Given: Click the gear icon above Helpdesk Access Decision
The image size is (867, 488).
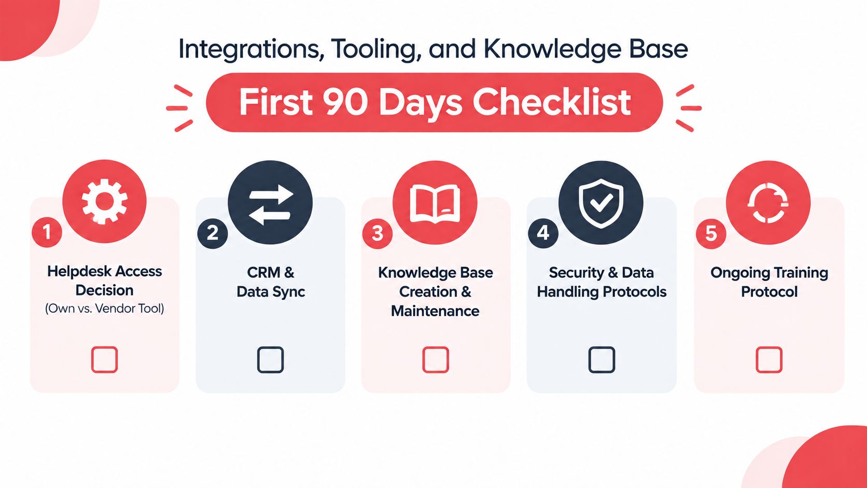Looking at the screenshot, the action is pos(105,201).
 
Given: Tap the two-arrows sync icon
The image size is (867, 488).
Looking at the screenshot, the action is pos(270,205).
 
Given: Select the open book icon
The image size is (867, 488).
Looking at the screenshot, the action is pos(435,204).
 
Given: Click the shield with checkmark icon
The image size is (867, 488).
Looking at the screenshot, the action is pos(600,203).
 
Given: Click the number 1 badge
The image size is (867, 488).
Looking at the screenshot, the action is pos(47,232).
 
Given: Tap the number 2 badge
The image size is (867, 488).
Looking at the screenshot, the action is pos(213,233).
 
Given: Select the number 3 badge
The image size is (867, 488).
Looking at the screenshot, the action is pos(377,233).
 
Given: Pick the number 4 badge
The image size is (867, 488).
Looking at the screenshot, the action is pos(543,233).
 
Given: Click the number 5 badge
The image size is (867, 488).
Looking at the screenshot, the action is pos(711,233).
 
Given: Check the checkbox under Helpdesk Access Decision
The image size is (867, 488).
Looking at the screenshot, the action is pos(105,359).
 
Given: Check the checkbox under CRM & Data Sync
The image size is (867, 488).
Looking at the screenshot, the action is pos(270,359).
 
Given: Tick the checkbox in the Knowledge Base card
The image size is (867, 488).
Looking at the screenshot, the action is pos(436,359).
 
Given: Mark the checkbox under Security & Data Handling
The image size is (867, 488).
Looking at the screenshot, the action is pos(602,359).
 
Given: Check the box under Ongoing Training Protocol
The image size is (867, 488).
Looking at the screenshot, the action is pos(768,359).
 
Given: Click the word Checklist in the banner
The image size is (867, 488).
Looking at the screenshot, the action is pos(552,102).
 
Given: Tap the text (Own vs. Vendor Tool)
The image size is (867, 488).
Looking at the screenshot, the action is pos(105,309).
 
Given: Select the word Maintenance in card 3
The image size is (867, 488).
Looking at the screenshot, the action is pos(435,311).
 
